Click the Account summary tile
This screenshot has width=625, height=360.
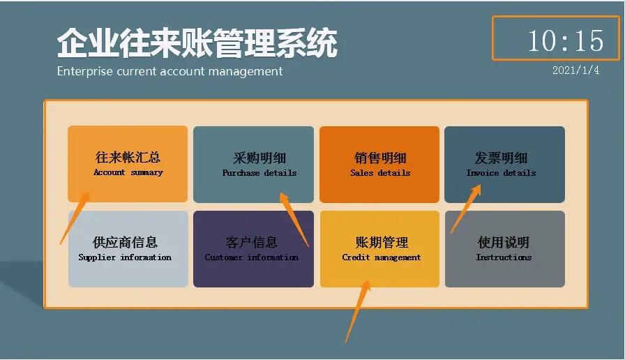[128, 163]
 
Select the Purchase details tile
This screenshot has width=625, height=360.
[253, 163]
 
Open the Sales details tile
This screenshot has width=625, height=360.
[379, 163]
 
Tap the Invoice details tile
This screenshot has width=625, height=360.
[504, 163]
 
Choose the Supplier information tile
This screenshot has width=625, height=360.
[128, 248]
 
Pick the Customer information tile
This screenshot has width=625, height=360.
[253, 248]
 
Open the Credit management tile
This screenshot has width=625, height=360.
[379, 248]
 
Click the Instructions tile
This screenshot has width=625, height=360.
[504, 248]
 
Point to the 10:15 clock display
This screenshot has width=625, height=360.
[565, 40]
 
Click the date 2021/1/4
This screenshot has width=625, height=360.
[575, 70]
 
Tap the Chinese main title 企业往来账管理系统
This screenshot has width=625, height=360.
[197, 43]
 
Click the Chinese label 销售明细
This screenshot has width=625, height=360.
[380, 158]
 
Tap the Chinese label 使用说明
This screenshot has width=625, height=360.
[504, 243]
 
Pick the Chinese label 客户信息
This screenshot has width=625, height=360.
[252, 243]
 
